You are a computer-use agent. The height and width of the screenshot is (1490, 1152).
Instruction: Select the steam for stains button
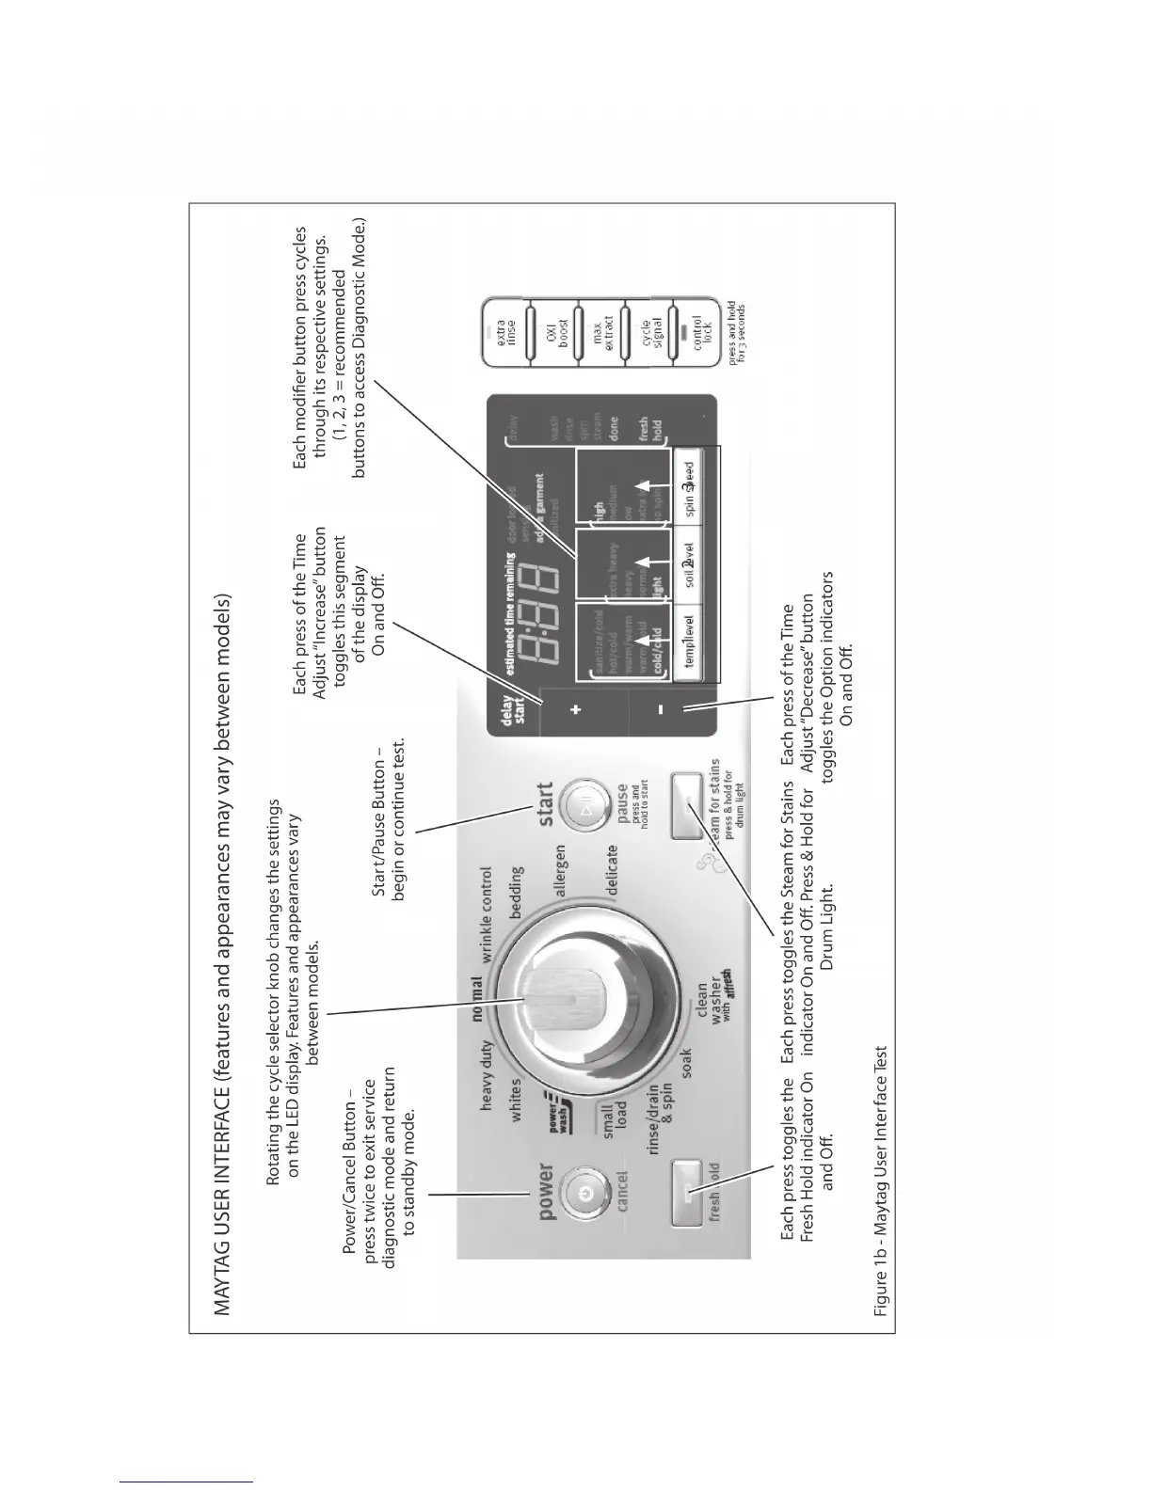pos(688,807)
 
